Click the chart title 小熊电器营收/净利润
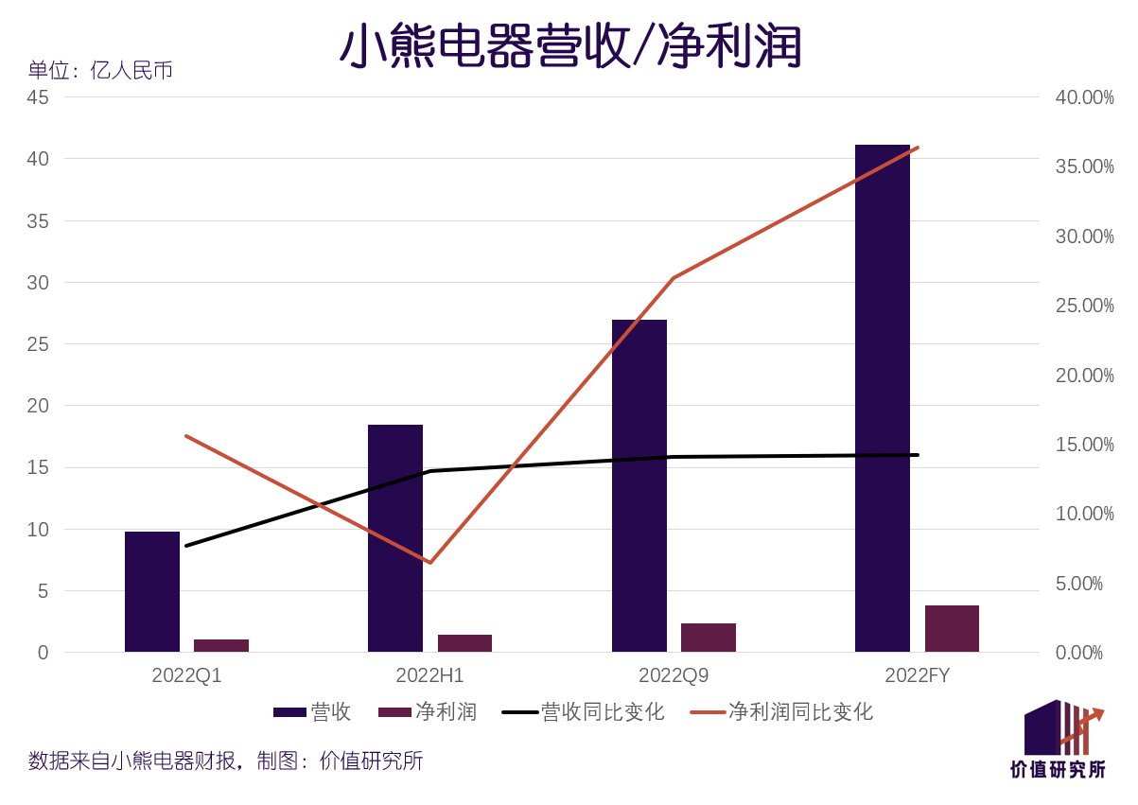click(570, 45)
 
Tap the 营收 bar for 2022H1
click(395, 538)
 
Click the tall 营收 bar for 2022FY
click(883, 397)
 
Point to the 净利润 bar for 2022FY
click(952, 629)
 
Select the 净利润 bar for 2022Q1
click(221, 646)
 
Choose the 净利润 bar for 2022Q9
click(709, 638)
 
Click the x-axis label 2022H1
click(430, 675)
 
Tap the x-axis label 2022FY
click(918, 675)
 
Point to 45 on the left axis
click(38, 97)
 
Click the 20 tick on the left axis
click(38, 406)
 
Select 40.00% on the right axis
click(1084, 97)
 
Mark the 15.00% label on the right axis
click(1084, 445)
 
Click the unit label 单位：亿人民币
click(100, 71)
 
